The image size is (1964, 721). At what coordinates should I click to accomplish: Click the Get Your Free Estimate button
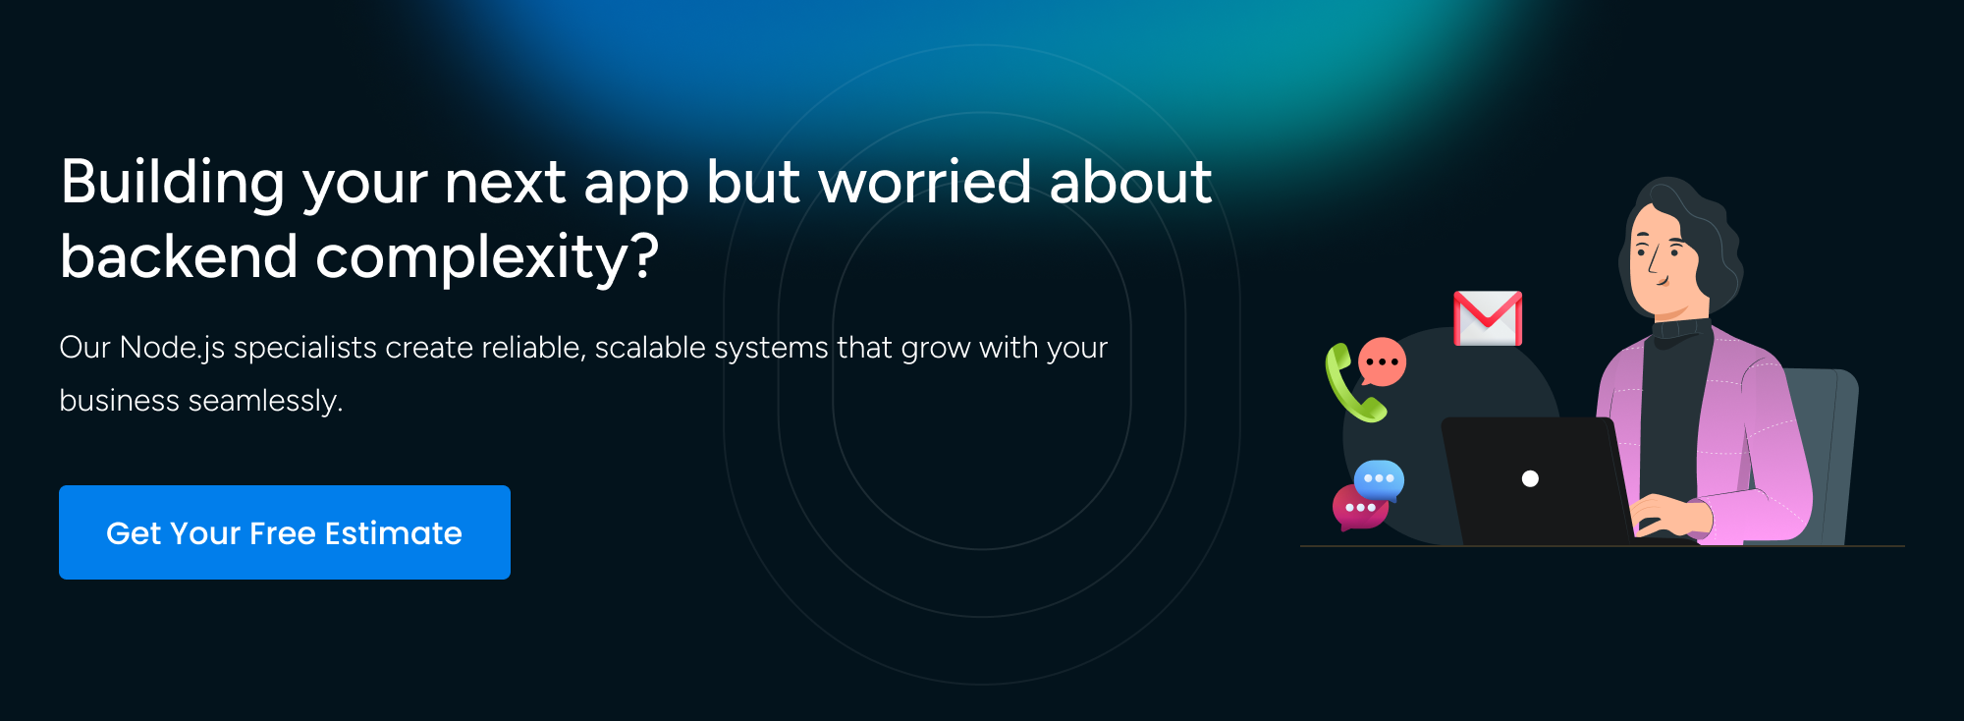tap(285, 532)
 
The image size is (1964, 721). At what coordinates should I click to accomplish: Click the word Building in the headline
tap(173, 185)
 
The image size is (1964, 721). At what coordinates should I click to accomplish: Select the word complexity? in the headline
tap(487, 258)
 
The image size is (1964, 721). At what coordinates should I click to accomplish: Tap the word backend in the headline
tap(179, 256)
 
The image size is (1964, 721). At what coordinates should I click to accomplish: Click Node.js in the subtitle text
tap(172, 349)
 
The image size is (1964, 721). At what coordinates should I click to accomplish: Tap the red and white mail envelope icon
tap(1488, 318)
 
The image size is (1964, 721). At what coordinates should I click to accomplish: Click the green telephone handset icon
tap(1352, 383)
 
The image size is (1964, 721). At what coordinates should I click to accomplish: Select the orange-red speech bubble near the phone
tap(1382, 361)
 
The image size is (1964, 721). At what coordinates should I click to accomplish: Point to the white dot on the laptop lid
tap(1530, 478)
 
